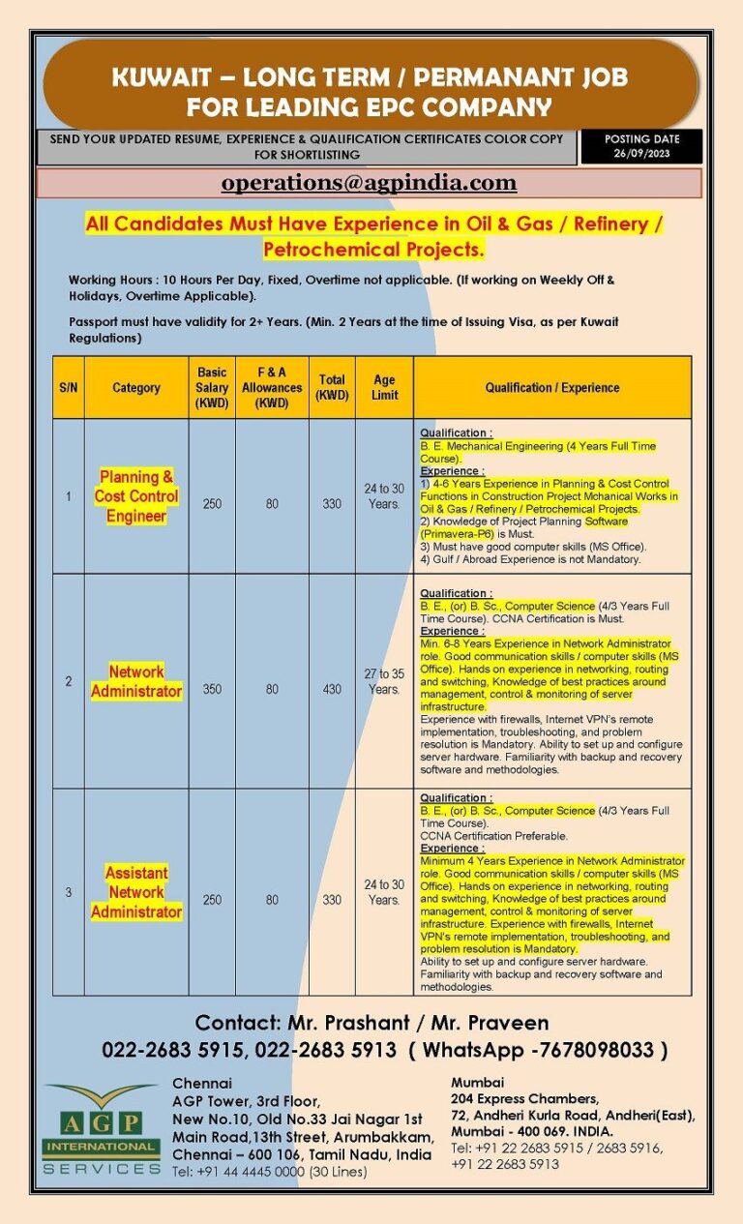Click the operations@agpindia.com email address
coord(369,183)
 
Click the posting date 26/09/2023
coord(640,153)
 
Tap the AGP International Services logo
coord(102,1128)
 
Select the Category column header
coord(136,388)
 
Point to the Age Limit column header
coord(384,387)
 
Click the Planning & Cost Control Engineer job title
coord(136,496)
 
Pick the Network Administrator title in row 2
coord(136,681)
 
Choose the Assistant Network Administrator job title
coord(136,892)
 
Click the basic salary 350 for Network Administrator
coord(212,690)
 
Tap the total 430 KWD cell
coord(332,690)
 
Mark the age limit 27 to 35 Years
coord(384,681)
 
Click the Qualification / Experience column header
coord(552,388)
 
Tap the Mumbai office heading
coord(478,1082)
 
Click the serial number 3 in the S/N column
coord(69,892)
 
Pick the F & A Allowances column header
coord(272,387)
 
